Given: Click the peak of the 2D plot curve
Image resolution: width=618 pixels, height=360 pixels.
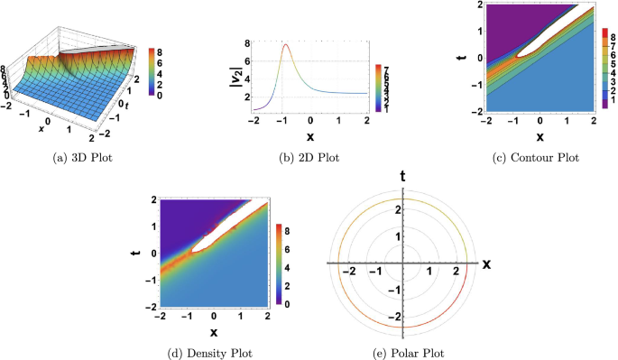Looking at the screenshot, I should [x=286, y=44].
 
